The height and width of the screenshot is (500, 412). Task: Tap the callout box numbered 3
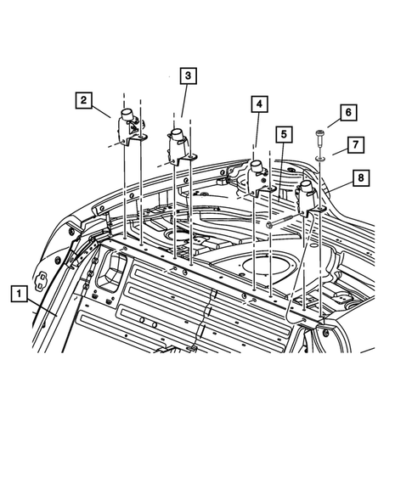click(x=187, y=76)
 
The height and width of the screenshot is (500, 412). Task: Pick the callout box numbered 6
click(x=347, y=112)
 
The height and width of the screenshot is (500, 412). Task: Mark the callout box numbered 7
click(x=355, y=144)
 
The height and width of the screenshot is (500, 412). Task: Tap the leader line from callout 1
click(x=42, y=306)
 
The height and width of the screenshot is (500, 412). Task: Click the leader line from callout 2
click(x=103, y=110)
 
